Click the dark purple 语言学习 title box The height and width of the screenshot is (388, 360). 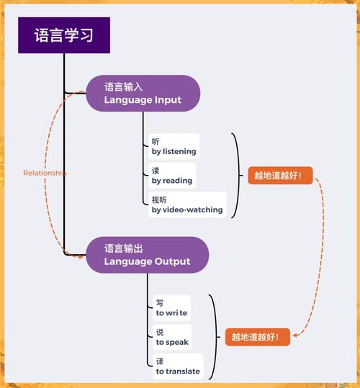pos(63,35)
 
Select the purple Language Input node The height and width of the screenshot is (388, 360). pos(143,94)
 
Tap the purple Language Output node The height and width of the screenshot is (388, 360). pos(147,255)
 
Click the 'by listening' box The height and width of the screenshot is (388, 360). pos(174,146)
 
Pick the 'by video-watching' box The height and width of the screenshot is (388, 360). pos(186,205)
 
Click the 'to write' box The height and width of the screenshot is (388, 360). pos(171,308)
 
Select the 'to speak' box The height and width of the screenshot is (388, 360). pos(172,338)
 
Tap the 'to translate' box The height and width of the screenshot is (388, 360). pos(178,366)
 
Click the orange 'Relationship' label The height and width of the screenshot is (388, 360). pos(45,173)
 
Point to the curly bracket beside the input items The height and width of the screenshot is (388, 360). pos(235,176)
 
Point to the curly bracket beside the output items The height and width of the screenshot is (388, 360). pos(212,337)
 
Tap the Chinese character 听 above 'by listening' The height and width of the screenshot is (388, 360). pos(156,141)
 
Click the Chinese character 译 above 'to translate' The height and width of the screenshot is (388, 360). pos(160,361)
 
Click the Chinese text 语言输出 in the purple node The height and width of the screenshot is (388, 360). pos(123,248)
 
